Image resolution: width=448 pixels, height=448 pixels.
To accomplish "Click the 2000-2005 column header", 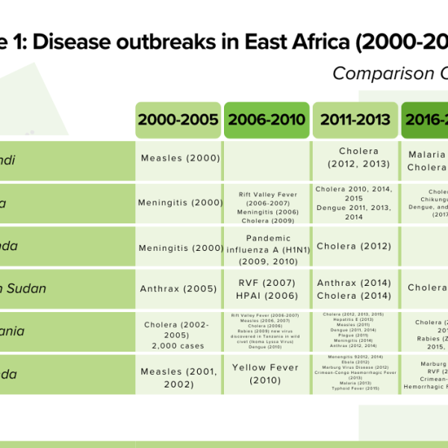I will [x=178, y=120].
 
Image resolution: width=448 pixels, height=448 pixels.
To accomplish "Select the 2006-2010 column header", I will [x=267, y=120].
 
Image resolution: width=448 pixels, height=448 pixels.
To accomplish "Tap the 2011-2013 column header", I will [x=355, y=120].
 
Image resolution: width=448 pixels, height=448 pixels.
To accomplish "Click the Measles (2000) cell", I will [x=180, y=158].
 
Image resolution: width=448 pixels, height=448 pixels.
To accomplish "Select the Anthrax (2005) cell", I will [x=180, y=287].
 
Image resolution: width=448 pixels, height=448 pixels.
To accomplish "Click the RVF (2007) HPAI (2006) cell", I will [x=267, y=288].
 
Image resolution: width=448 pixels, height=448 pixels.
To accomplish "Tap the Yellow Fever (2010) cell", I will [x=267, y=373].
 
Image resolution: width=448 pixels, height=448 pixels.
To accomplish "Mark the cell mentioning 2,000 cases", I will [x=180, y=331].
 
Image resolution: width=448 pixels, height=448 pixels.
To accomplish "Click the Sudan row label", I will [x=30, y=288].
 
